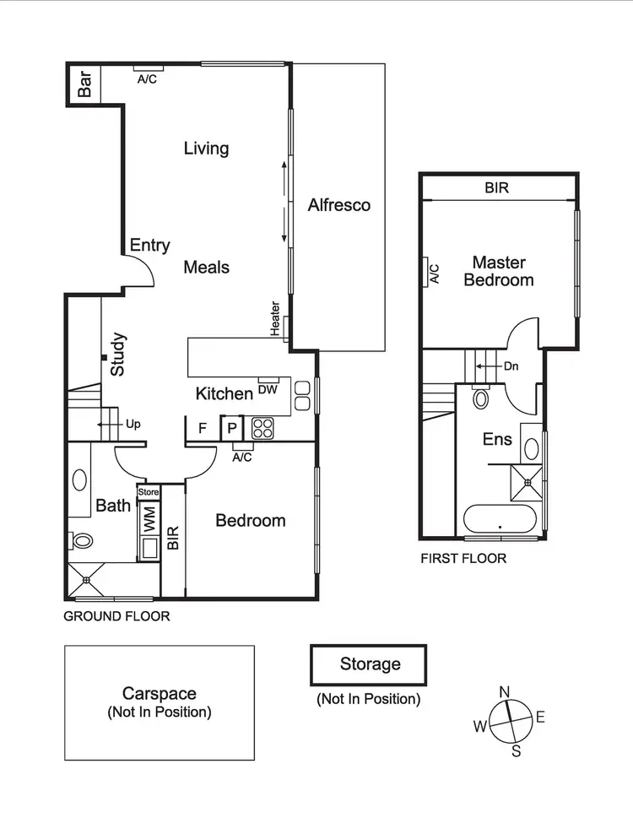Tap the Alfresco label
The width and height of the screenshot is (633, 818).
[338, 205]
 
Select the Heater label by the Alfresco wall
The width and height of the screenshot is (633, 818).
[275, 319]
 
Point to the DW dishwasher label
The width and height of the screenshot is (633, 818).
[268, 389]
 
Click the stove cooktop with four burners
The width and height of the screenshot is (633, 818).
[262, 427]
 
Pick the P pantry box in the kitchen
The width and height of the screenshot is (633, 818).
[231, 428]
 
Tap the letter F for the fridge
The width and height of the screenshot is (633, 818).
[203, 428]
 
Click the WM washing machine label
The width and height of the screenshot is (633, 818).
[149, 517]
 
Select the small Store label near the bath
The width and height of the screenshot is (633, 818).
[149, 491]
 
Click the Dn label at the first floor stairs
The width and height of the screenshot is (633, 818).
[511, 366]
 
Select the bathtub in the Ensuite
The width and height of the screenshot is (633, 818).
[500, 520]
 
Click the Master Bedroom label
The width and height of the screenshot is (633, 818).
[499, 271]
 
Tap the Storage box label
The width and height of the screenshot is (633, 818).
[370, 664]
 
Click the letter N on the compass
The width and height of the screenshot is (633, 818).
[505, 692]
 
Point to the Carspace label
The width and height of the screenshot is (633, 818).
[160, 694]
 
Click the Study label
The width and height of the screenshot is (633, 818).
[118, 355]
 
